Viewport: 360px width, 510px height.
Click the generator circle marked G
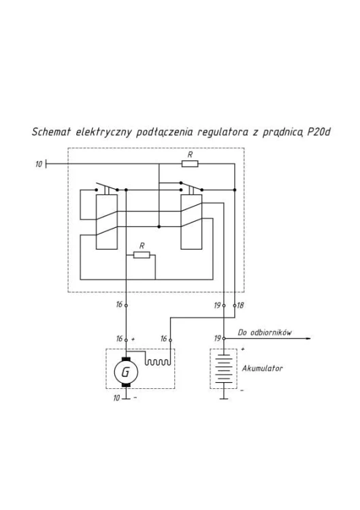coord(126,372)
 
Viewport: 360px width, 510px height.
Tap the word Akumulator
coord(262,369)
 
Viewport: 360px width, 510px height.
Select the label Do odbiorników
coord(264,333)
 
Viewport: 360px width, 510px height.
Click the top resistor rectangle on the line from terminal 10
coord(190,164)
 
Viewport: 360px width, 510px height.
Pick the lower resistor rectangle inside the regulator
coord(142,255)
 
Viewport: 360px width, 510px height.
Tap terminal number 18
coord(240,305)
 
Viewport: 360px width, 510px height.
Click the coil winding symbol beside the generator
coord(157,362)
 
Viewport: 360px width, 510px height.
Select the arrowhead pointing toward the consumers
coord(308,339)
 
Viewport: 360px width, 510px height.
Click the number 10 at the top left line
coord(39,165)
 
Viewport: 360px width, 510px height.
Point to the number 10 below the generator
coord(116,398)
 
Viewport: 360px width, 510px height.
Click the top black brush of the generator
coord(126,359)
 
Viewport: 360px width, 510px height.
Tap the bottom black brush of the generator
coord(126,386)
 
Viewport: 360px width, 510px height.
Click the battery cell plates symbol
coord(224,369)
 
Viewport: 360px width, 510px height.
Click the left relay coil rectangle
coord(106,222)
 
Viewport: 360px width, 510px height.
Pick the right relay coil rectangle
coord(191,222)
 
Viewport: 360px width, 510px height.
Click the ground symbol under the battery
coord(224,394)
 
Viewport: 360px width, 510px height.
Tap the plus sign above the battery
coord(243,349)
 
